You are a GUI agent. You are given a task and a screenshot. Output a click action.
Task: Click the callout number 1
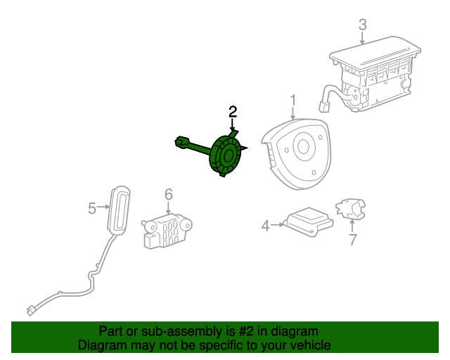(x=292, y=101)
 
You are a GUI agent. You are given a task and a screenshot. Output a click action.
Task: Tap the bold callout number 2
(x=233, y=112)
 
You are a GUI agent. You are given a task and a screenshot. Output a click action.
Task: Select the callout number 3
(x=363, y=25)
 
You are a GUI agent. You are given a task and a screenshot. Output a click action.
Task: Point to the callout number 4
(x=266, y=226)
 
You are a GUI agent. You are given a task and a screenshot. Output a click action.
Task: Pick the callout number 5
(x=92, y=208)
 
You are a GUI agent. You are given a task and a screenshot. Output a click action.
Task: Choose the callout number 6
(x=169, y=194)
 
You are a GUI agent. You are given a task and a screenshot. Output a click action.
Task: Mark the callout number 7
(x=353, y=239)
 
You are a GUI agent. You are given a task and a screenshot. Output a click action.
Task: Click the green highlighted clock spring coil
(x=226, y=155)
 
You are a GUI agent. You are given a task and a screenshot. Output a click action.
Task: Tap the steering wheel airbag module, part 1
(x=295, y=154)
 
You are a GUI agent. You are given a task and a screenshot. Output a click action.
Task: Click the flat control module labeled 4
(x=309, y=221)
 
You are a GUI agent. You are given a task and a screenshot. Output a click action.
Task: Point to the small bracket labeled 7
(x=351, y=208)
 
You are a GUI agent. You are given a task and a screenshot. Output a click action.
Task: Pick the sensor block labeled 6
(x=167, y=231)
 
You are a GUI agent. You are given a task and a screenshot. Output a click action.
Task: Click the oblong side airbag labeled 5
(x=119, y=211)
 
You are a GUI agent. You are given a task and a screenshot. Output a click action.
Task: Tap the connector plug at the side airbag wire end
(x=30, y=311)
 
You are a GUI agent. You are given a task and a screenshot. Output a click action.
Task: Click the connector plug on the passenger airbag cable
(x=324, y=106)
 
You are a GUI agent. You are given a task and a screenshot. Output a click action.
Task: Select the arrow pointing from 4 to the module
(x=277, y=225)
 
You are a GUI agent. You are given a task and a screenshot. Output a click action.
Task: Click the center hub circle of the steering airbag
(x=303, y=147)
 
